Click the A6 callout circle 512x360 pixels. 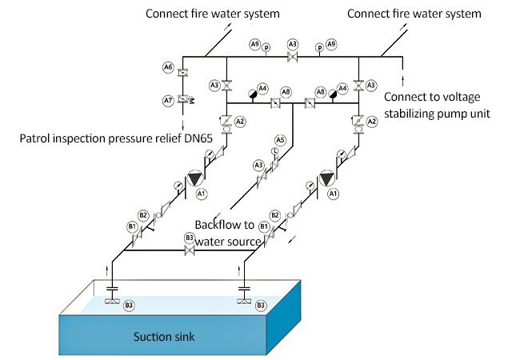click(169, 69)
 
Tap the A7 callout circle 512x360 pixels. click(169, 101)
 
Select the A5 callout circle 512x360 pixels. click(280, 140)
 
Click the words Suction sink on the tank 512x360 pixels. click(164, 336)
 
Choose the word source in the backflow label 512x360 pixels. click(246, 241)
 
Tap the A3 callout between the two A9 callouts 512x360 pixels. click(293, 43)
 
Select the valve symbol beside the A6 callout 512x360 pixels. click(182, 73)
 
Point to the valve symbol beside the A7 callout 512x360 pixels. click(183, 99)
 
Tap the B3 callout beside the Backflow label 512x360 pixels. click(190, 238)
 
